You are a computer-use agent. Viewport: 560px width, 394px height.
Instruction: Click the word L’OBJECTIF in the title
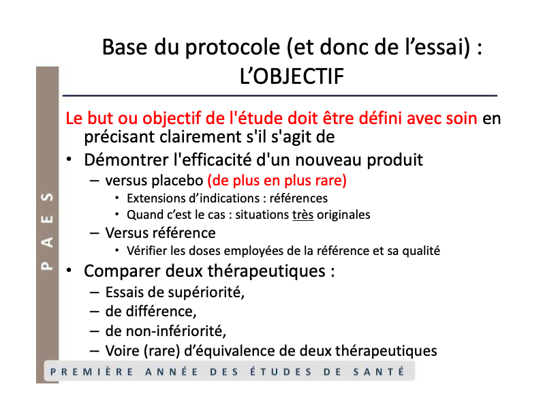[x=292, y=76]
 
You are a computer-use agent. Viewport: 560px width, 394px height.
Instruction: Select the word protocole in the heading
[x=232, y=48]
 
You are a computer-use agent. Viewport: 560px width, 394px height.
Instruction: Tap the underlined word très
[x=303, y=215]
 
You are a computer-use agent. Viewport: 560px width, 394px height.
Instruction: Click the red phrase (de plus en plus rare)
[x=277, y=181]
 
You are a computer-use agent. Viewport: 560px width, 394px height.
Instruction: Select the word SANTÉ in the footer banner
[x=379, y=372]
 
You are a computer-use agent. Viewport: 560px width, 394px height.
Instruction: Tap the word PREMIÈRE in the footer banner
[x=92, y=372]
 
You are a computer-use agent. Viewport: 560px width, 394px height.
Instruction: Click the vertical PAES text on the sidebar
[x=48, y=231]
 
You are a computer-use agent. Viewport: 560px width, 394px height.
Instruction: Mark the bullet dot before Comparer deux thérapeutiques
[x=69, y=271]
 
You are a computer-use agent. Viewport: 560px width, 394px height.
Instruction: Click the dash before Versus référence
[x=95, y=233]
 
